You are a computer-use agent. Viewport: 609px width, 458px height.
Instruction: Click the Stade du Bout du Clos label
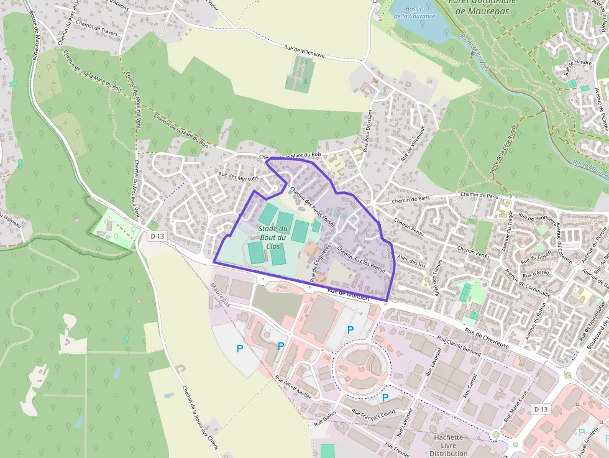tap(272, 237)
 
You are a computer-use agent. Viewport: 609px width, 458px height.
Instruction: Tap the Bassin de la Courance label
tap(414, 12)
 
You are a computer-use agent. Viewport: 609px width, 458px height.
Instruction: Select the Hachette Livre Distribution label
tap(449, 445)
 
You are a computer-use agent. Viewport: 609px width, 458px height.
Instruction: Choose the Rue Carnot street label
tap(470, 385)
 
